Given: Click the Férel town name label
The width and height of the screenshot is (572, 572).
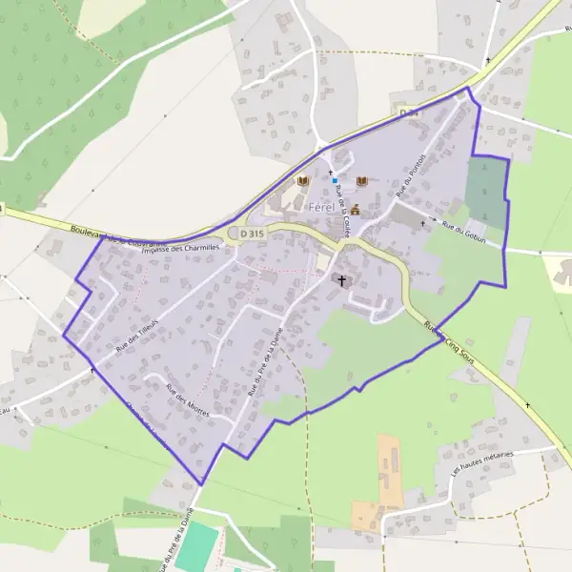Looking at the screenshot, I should point(319,207).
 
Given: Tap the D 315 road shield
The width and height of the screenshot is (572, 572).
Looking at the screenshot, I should point(252,233).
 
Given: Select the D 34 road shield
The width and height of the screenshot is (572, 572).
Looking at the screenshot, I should point(409,113).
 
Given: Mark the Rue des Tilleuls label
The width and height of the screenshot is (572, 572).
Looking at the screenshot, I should point(135,336).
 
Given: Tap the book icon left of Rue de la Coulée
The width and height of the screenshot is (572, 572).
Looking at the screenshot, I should point(303,181).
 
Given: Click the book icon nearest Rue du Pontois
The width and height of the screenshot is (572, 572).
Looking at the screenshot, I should point(361,181).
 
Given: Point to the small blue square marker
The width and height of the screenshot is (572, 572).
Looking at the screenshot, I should point(335,180).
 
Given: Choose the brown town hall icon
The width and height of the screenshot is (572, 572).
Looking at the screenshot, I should point(355,210).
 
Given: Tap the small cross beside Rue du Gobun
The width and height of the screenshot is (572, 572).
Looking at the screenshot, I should point(422,223).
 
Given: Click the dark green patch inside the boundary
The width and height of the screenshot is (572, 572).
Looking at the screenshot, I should point(486,191).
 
